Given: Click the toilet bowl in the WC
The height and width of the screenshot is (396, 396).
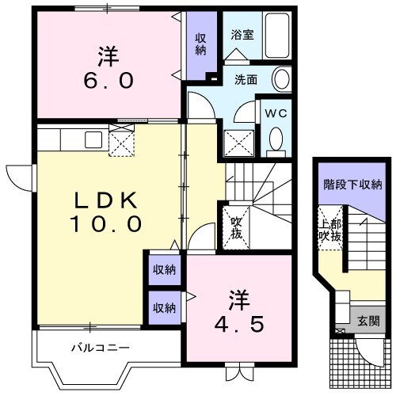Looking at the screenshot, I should [x=276, y=139].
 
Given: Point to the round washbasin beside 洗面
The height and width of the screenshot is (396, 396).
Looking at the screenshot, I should [x=280, y=78].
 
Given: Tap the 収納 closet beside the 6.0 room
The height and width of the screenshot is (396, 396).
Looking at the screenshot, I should [x=200, y=46].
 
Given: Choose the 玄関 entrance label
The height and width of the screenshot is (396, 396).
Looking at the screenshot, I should [x=367, y=321].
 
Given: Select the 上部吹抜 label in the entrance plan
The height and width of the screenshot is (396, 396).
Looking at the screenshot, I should [x=331, y=228].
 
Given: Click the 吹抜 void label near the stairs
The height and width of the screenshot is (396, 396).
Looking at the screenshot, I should [x=237, y=229].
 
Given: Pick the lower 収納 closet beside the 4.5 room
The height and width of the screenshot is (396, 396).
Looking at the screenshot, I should [x=165, y=307].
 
